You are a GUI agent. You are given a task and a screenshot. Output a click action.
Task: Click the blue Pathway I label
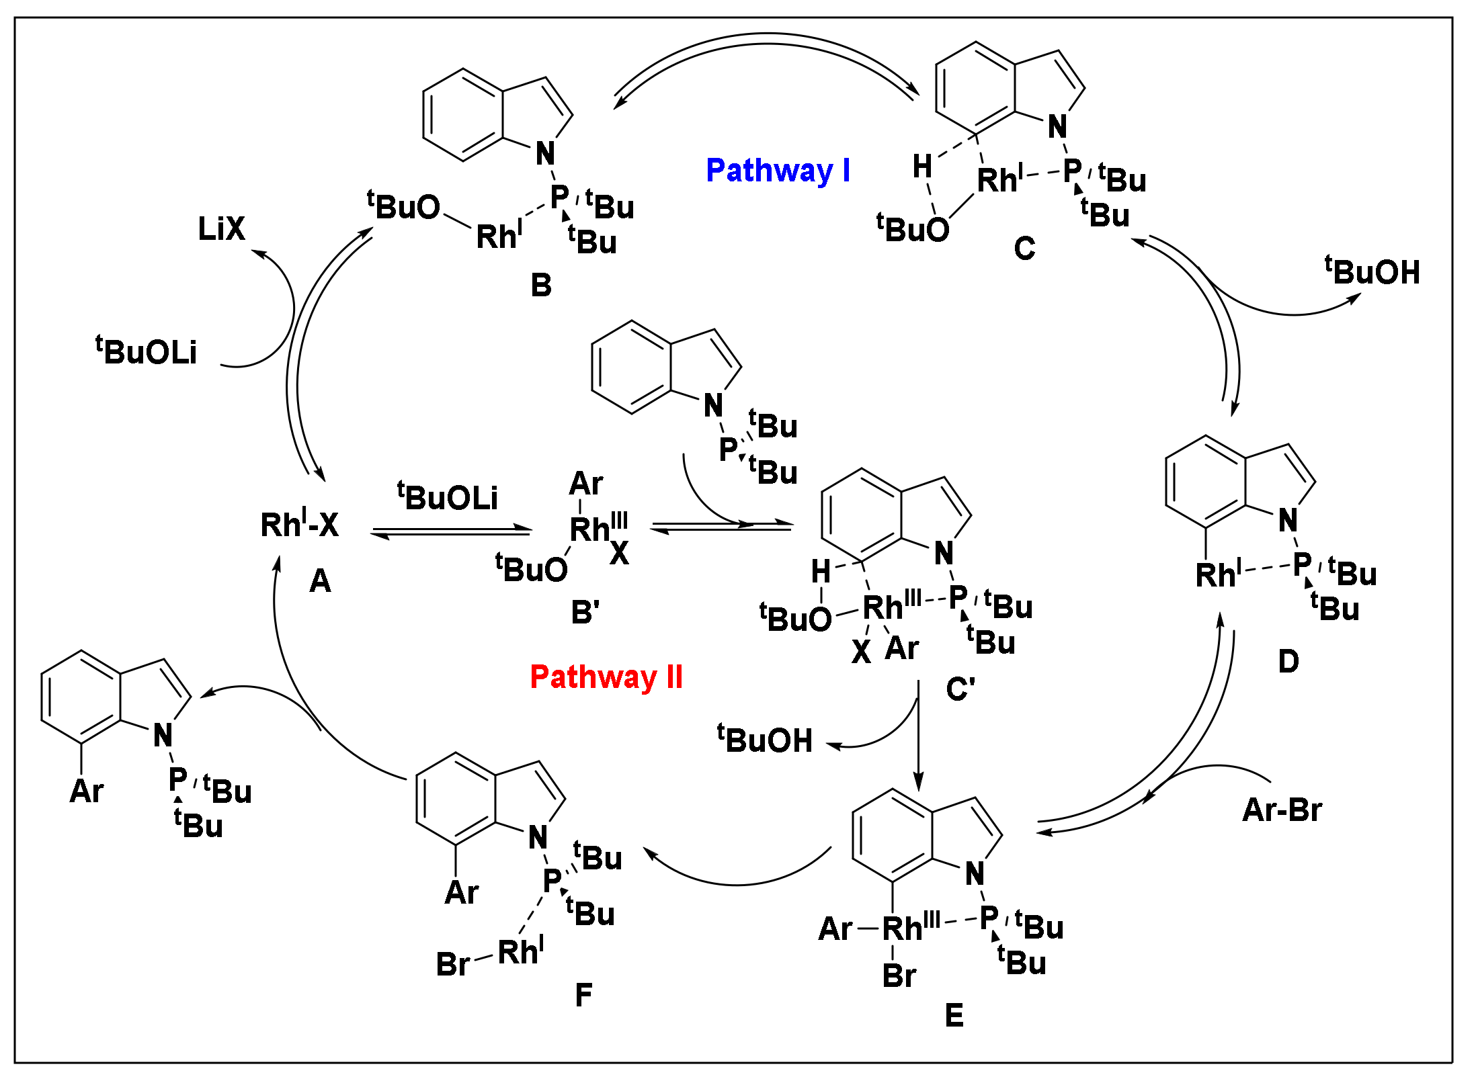(778, 170)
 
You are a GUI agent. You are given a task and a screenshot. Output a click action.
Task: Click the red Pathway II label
(606, 677)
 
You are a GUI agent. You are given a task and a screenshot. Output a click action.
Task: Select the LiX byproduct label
(221, 228)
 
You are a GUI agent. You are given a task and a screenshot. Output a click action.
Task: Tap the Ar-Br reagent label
(1282, 810)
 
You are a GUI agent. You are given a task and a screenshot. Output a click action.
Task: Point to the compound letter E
(954, 1015)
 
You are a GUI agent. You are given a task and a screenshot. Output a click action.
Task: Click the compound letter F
(583, 995)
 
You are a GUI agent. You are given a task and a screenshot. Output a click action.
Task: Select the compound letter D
(1288, 662)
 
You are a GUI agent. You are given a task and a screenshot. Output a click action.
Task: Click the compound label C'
(960, 689)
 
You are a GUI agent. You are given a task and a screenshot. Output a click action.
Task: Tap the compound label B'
(585, 612)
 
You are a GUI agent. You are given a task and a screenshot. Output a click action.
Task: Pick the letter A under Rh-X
(320, 580)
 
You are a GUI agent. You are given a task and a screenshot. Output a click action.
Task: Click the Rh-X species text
(299, 525)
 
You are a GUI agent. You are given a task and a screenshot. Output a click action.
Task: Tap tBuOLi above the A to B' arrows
(448, 498)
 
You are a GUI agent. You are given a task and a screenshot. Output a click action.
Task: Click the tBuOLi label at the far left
(147, 351)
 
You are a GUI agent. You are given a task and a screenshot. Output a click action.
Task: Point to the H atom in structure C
(922, 166)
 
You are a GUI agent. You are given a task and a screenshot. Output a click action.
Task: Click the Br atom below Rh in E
(899, 976)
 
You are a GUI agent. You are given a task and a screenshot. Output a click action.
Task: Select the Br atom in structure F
(452, 965)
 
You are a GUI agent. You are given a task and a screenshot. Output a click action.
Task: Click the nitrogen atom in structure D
(1288, 520)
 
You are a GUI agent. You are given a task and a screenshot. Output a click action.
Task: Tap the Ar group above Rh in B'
(586, 484)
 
